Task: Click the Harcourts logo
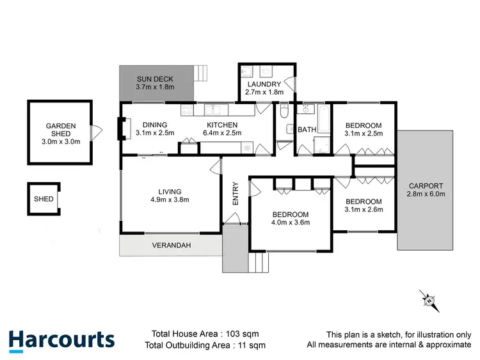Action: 61,340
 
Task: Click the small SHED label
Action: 44,199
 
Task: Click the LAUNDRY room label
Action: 264,84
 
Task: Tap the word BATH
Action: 307,130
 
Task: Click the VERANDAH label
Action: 170,245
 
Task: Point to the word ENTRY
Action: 235,194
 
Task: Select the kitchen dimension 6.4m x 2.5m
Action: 221,134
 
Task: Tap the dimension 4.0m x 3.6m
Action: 290,223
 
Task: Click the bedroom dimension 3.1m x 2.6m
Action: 363,208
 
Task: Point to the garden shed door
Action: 96,132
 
